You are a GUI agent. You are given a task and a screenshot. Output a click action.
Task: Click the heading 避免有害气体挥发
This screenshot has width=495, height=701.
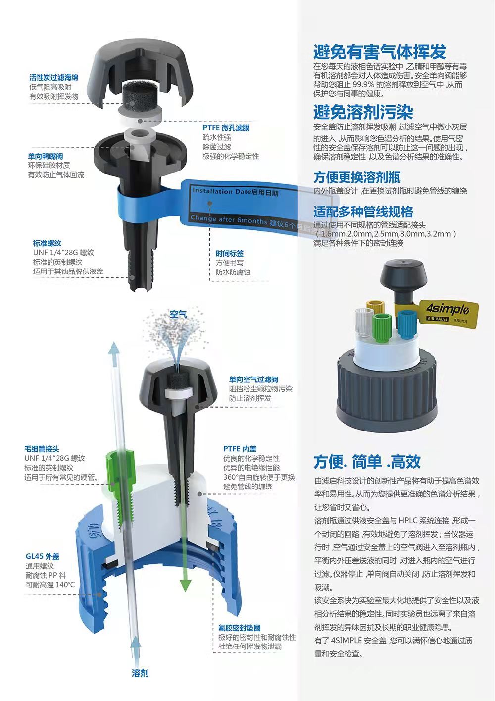pos(380,52)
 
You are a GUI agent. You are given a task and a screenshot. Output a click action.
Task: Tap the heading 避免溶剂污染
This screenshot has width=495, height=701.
pos(363,112)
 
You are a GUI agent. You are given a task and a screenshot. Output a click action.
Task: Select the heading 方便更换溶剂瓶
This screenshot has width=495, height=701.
pos(357,177)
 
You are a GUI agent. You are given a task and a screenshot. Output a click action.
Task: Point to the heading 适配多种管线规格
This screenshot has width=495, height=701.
pos(363,212)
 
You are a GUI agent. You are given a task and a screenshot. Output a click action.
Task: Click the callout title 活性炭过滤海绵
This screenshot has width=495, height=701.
pos(54,78)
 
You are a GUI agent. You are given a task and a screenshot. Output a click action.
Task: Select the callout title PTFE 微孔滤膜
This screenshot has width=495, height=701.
pos(226,128)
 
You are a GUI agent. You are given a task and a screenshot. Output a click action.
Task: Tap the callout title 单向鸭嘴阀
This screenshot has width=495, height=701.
pos(46,156)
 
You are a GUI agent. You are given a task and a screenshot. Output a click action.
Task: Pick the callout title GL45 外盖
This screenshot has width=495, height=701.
pos(43,556)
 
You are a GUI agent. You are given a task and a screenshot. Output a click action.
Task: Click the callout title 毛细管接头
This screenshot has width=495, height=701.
pos(42,449)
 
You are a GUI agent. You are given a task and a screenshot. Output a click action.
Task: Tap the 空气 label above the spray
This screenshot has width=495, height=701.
pos(178,314)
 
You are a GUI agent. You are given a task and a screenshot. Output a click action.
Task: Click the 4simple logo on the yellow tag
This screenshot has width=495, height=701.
pos(447,309)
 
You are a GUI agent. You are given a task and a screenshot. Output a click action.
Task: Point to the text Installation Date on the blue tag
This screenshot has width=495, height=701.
pos(221,191)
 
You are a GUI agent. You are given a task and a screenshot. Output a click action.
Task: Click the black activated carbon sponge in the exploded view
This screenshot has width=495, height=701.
pos(140,94)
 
